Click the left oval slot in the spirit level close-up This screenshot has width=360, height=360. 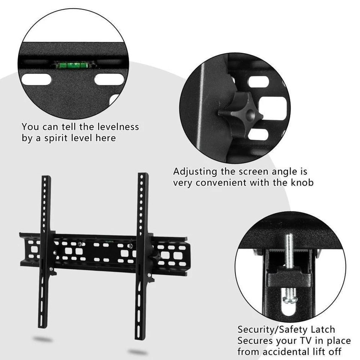click(36, 80)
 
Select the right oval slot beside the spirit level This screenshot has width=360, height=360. click(108, 80)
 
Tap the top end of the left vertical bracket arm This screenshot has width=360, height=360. click(46, 178)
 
